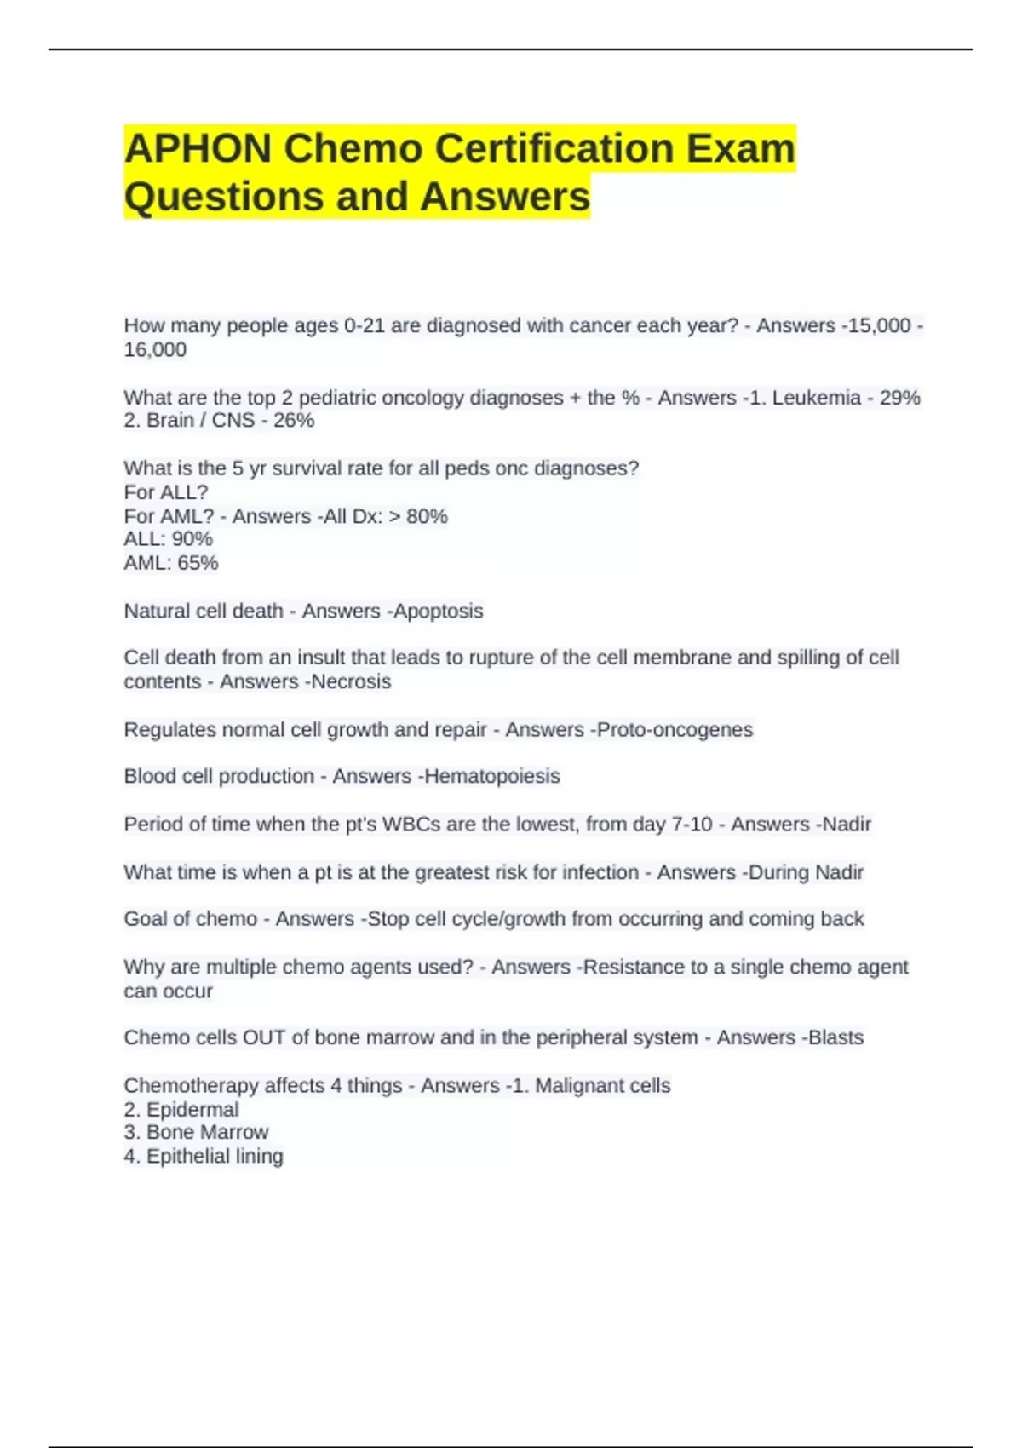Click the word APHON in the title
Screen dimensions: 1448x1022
click(198, 148)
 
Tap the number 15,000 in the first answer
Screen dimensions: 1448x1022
click(878, 325)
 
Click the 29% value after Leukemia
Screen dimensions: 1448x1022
click(899, 398)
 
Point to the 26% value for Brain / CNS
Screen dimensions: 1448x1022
click(294, 420)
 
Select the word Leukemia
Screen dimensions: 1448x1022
click(816, 398)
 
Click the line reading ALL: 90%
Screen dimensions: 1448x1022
click(168, 539)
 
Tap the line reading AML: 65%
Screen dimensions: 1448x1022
click(170, 563)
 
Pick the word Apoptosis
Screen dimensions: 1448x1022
click(438, 611)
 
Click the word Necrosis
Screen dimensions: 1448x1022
click(350, 681)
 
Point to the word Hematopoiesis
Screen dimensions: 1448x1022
click(491, 776)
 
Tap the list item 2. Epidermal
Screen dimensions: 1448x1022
click(181, 1110)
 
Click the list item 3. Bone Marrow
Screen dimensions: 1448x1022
click(196, 1132)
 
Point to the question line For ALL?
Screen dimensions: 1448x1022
click(165, 492)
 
